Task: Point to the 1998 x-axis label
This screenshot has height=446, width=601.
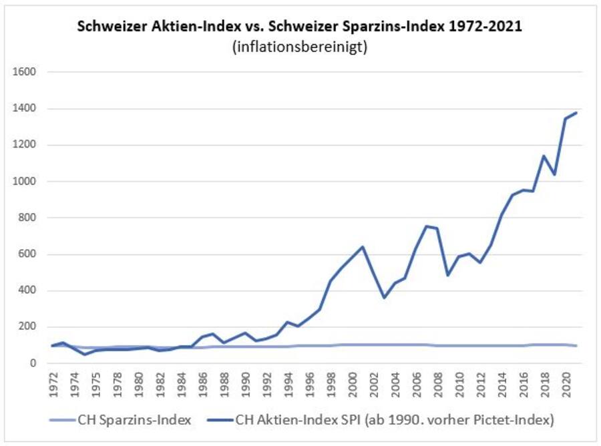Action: click(x=332, y=383)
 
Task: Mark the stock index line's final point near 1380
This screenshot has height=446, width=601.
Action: click(x=576, y=113)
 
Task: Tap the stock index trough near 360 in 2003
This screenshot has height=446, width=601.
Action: click(x=384, y=298)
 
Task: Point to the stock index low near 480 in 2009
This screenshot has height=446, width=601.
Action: click(x=448, y=275)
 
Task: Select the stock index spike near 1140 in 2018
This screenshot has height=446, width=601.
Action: click(x=544, y=156)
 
